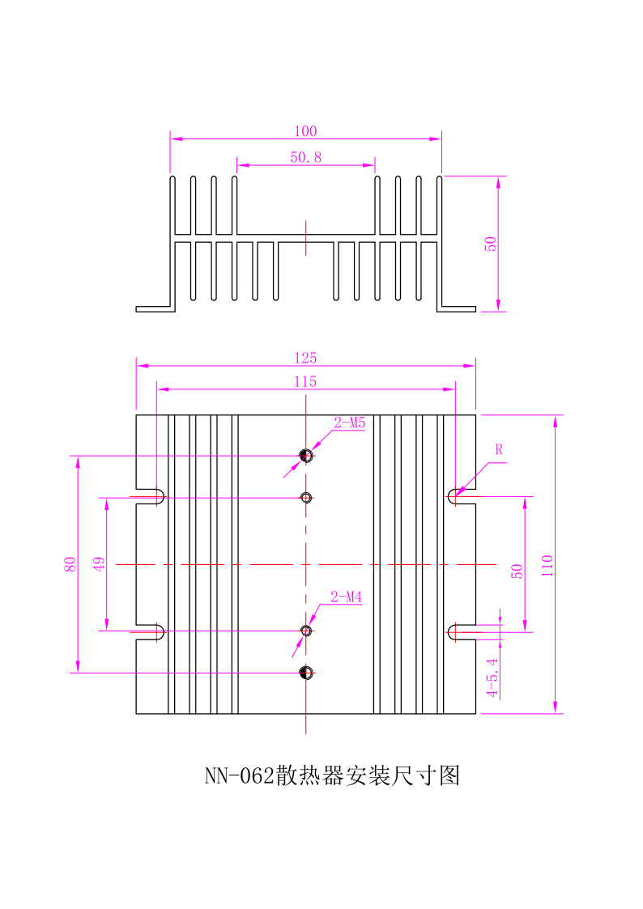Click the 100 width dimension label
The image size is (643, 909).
[305, 131]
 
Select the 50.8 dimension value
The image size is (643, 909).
[305, 158]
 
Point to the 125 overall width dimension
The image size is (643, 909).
[305, 358]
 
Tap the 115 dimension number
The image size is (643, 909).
[305, 381]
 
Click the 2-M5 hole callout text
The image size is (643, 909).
[350, 423]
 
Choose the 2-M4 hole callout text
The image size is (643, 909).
[347, 598]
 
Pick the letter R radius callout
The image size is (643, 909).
[499, 449]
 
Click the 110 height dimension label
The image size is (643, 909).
[547, 564]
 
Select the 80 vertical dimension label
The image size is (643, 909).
[70, 564]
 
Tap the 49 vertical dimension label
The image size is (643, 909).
[100, 564]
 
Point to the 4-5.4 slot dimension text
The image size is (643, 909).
[492, 678]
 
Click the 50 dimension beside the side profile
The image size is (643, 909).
[491, 244]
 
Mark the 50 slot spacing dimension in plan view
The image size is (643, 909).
[517, 570]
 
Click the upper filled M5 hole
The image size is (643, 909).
[306, 456]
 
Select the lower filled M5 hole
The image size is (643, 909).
[306, 672]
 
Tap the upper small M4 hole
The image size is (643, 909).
[306, 497]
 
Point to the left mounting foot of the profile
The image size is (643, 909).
[152, 308]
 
